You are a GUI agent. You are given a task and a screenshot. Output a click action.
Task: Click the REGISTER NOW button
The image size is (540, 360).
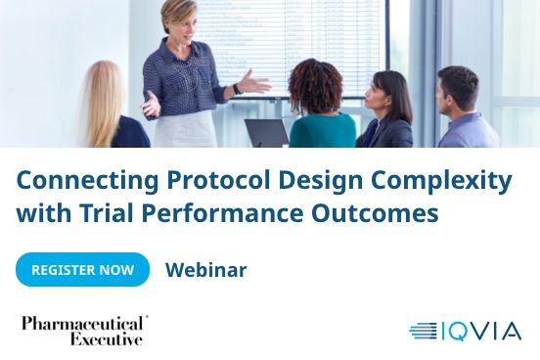point(82,270)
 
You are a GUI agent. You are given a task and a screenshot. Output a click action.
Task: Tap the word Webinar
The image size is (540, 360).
point(205,270)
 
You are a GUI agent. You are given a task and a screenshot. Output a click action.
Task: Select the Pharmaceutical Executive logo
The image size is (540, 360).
point(84,331)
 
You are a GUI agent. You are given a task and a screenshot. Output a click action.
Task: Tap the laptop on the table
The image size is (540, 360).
point(266,133)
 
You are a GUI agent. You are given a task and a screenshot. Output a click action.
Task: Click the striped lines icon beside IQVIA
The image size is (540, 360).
point(424,331)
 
